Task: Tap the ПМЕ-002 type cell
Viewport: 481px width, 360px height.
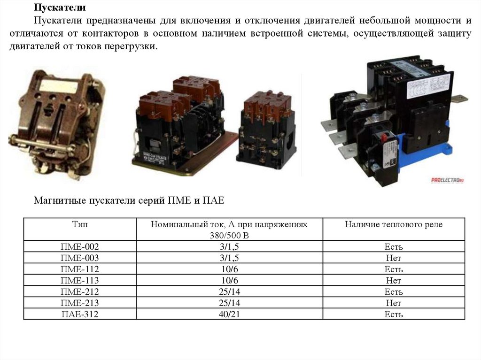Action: [x=80, y=246]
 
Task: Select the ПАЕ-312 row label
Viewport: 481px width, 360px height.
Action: [x=80, y=314]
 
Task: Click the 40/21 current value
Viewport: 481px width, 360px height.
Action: [x=229, y=314]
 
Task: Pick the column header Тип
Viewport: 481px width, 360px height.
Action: [x=80, y=224]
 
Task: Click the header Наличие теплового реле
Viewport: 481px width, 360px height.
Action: [x=394, y=224]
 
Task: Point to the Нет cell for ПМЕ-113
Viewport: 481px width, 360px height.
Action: [x=394, y=280]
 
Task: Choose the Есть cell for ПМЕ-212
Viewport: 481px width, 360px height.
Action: [x=394, y=291]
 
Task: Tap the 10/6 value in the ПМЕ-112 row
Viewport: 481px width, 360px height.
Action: [x=229, y=269]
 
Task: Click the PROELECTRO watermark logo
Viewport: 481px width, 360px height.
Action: [x=447, y=180]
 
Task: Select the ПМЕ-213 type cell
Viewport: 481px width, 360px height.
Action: [x=80, y=303]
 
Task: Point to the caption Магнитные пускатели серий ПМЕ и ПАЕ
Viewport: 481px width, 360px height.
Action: [x=129, y=200]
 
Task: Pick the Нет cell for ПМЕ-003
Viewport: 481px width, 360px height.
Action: [x=394, y=258]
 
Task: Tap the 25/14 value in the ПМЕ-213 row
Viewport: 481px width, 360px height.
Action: [x=229, y=303]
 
